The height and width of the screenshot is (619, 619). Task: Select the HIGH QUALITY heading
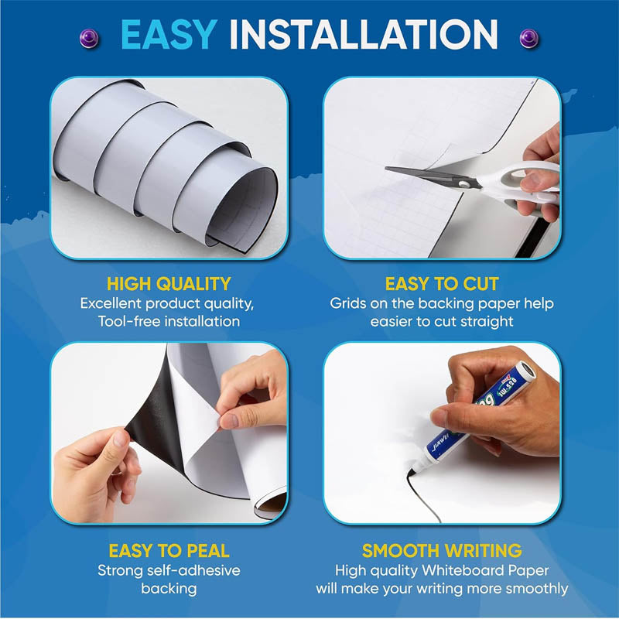(169, 284)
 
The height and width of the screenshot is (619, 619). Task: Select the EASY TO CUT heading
(442, 284)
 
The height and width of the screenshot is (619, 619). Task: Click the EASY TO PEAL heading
(169, 551)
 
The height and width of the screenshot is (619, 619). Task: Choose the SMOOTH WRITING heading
(442, 551)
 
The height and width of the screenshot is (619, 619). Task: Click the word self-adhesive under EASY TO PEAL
(193, 570)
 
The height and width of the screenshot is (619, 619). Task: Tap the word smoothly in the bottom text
(533, 589)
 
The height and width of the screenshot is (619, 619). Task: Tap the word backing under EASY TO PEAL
(169, 589)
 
